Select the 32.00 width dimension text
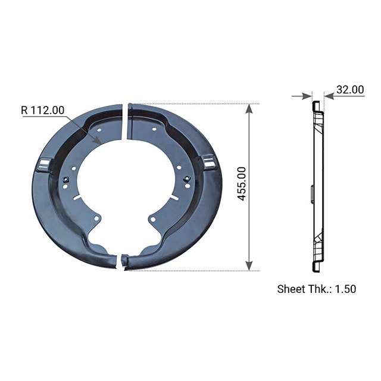coord(350,89)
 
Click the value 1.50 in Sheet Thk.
coord(345,289)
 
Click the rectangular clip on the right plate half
coord(209,160)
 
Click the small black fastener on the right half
coord(187,178)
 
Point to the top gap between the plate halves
coord(126,122)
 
